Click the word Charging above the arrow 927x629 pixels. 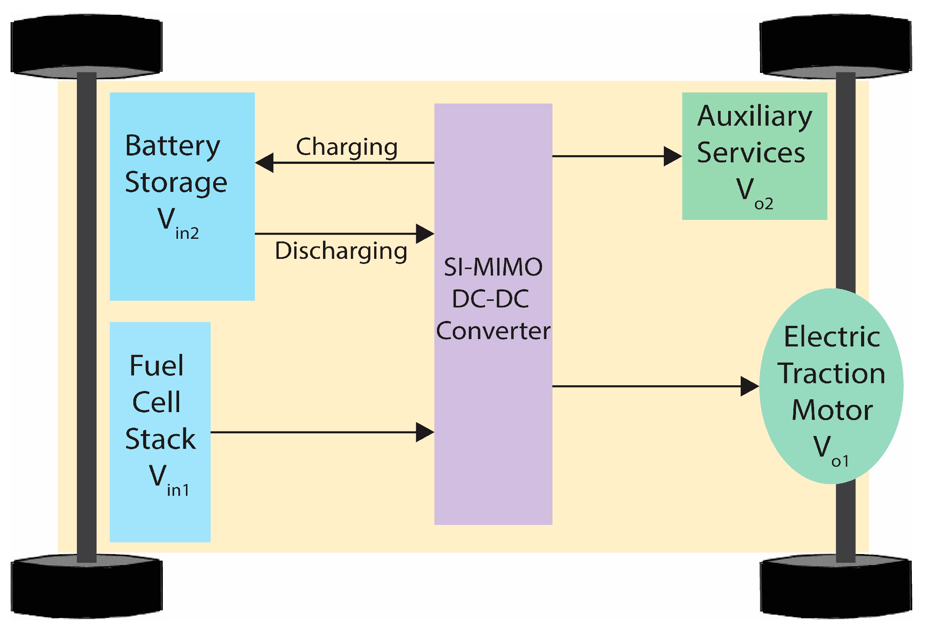coord(346,148)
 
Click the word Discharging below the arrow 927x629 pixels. coord(341,251)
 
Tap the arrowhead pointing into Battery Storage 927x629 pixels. coord(264,163)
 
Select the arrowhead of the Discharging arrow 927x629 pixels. coord(425,234)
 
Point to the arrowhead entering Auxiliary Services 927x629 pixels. coord(673,156)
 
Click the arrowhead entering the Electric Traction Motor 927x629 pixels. coord(750,386)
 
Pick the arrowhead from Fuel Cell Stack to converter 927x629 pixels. coord(425,432)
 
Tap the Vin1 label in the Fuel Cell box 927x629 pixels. coord(169,480)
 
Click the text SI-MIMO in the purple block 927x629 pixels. coord(493,267)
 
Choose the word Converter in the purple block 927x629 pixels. coord(493,331)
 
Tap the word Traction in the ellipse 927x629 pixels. coord(832,374)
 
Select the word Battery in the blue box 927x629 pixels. coord(173,147)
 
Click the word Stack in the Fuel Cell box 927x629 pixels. coord(160,439)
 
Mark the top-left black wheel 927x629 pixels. coord(87,46)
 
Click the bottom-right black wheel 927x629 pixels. coord(836,586)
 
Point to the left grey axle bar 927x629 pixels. coord(87,317)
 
